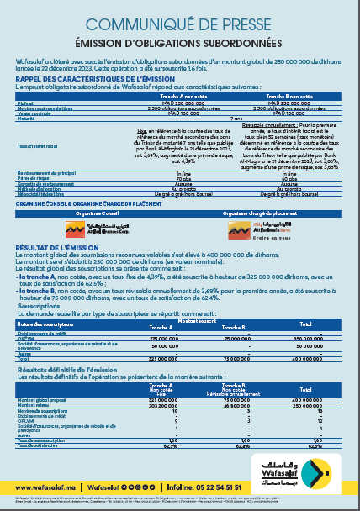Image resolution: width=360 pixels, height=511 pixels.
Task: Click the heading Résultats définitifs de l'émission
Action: pyautogui.click(x=71, y=369)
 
